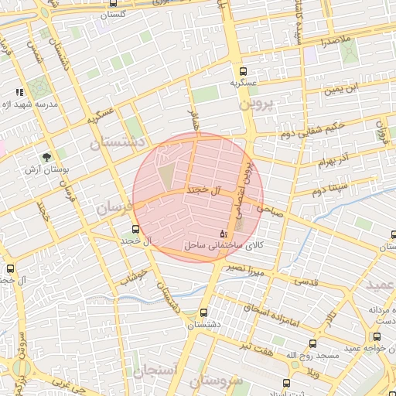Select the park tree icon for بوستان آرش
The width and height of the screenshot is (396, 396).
[x=48, y=156]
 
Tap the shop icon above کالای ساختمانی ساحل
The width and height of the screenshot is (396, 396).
[x=224, y=233]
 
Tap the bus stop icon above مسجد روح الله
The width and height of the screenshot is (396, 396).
[x=312, y=343]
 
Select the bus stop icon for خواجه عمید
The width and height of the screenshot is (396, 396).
[x=377, y=337]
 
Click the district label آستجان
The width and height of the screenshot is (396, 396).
[x=155, y=370]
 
